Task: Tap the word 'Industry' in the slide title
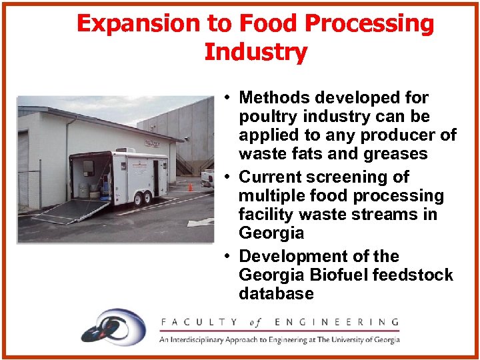255,52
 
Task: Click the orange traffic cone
190,187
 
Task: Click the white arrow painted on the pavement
201,222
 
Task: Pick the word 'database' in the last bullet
276,293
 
